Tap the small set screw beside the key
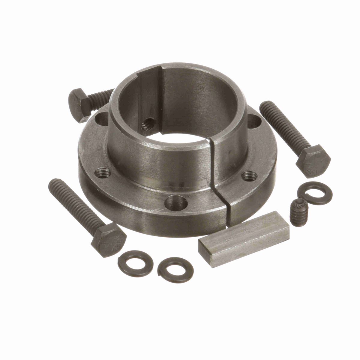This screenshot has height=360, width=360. (296, 208)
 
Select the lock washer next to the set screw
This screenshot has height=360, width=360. (313, 195)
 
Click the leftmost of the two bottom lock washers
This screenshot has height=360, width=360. (135, 262)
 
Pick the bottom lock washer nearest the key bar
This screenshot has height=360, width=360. (175, 270)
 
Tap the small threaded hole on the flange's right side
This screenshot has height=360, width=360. (249, 176)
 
